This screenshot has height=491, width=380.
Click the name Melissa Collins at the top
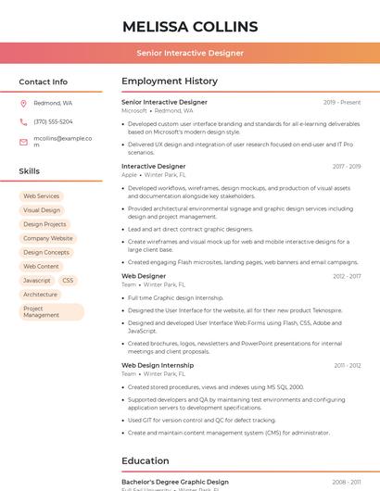[x=190, y=26]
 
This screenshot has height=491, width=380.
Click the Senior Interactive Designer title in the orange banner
[x=190, y=53]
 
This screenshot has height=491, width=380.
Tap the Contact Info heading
[x=43, y=82]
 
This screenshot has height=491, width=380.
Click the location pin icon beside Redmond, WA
[x=23, y=103]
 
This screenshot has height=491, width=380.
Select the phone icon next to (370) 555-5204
[x=23, y=121]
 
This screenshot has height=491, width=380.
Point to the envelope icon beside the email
[x=23, y=142]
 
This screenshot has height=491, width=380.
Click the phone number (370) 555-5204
[x=53, y=121]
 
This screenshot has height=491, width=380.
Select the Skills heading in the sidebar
[x=29, y=171]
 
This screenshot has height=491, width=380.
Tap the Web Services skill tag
[x=41, y=196]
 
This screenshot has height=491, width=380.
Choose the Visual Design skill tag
[x=42, y=210]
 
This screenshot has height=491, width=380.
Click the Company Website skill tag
[x=47, y=238]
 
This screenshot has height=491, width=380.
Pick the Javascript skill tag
[x=37, y=280]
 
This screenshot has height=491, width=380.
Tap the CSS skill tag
[x=68, y=280]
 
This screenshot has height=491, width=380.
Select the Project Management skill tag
[x=42, y=312]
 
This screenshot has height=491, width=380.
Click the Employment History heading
[x=170, y=82]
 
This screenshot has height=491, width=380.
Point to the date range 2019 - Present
[x=342, y=103]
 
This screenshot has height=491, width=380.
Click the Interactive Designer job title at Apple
[x=153, y=167]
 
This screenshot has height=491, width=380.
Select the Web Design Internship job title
[x=158, y=365]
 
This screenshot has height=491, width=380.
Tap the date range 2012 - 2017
[x=347, y=276]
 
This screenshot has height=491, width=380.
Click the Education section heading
[x=146, y=460]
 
